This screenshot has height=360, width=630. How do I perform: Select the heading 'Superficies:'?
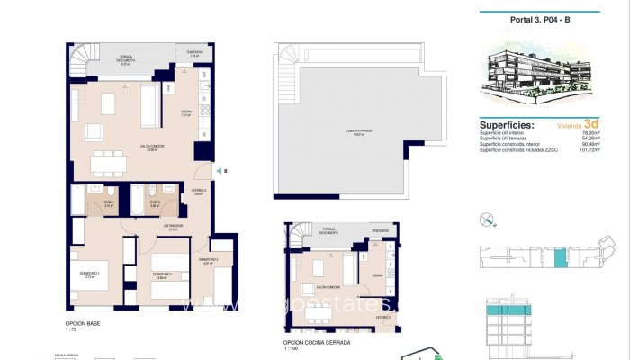tap(507, 126)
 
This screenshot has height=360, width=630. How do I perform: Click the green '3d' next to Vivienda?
tap(591, 125)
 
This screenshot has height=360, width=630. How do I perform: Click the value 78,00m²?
tap(589, 133)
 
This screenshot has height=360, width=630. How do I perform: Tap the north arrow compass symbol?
tap(488, 218)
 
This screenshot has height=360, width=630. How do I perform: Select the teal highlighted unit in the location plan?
tap(560, 259)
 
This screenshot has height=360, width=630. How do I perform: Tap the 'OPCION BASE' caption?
tap(81, 322)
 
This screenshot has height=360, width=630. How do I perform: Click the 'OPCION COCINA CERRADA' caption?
tap(316, 342)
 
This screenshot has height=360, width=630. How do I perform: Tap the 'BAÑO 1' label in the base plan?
tap(108, 203)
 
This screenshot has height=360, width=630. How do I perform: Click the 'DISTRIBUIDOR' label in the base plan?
tap(174, 225)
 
